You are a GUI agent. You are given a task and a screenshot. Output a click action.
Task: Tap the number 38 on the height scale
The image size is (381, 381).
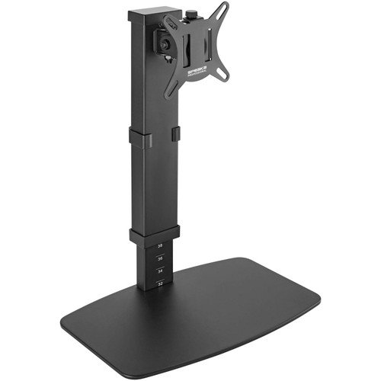(x=160, y=246)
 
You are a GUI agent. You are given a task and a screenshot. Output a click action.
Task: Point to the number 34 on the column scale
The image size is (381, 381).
(x=160, y=271)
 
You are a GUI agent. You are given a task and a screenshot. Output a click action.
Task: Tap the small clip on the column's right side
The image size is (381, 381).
(x=176, y=134)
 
